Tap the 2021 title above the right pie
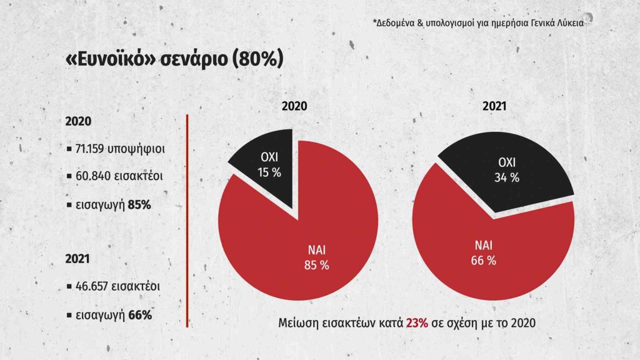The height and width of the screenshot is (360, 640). [x=494, y=107]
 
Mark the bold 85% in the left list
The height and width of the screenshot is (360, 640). [x=137, y=204]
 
